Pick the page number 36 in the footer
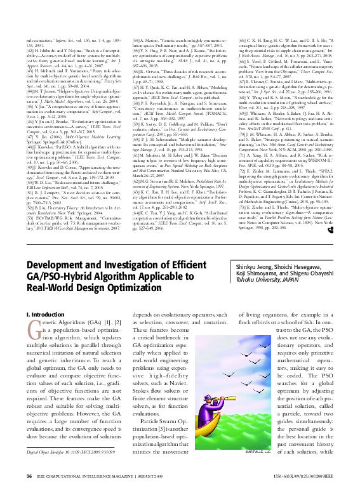coord(29,476)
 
